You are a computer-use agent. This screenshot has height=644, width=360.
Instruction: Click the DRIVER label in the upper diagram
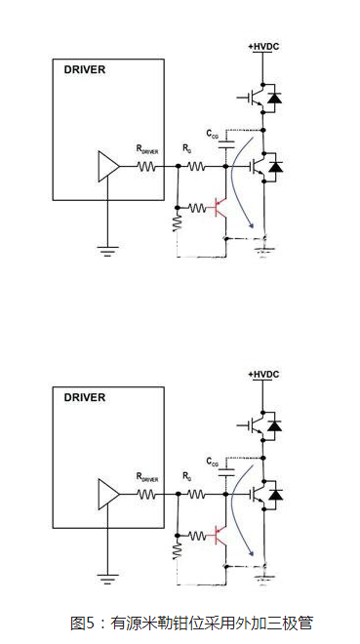84,70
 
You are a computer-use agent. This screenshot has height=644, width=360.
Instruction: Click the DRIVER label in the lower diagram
84,397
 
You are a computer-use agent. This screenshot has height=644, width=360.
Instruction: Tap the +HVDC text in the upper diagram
263,46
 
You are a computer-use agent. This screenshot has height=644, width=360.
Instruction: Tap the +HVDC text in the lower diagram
263,374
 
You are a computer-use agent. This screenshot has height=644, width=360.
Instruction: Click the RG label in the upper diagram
187,149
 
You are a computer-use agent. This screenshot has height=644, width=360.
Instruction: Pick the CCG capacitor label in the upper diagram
213,133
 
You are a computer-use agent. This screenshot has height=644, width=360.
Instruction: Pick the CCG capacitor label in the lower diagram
213,460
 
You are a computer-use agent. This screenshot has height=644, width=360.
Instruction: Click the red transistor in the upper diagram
220,207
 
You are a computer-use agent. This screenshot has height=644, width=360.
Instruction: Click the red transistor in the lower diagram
220,534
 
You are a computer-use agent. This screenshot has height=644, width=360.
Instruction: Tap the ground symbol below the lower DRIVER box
104,576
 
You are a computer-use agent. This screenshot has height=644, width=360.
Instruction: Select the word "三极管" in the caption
291,623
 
